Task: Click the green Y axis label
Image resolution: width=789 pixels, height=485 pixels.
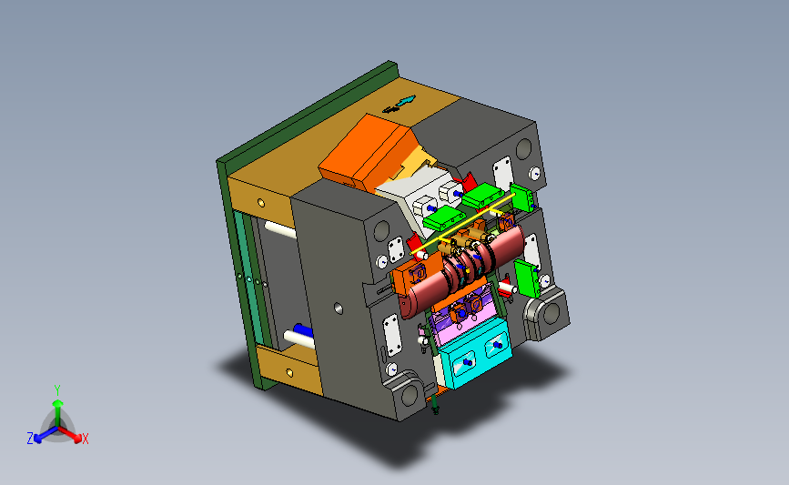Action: coord(57,390)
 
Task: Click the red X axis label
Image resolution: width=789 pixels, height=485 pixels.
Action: coord(85,439)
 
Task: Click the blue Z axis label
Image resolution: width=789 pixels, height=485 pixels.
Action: coord(30,439)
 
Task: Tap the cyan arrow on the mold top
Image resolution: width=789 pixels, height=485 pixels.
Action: coord(406,101)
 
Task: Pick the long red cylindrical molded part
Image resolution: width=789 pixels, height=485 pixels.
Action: coord(462,272)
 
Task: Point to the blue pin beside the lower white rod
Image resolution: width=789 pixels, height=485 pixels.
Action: coord(303,330)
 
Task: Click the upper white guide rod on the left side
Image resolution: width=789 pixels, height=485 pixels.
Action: coord(280,230)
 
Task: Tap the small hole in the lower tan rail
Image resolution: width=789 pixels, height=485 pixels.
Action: coord(289,373)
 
